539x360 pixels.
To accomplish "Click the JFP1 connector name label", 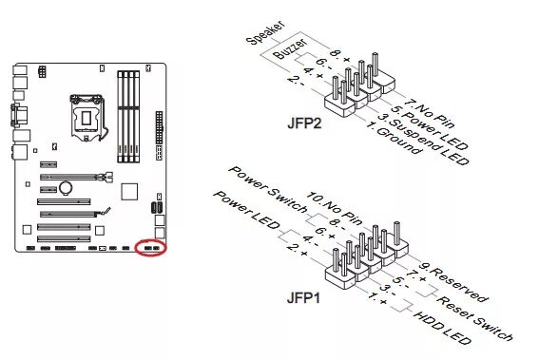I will point(305,298).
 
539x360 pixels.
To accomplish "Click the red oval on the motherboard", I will point(150,248).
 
